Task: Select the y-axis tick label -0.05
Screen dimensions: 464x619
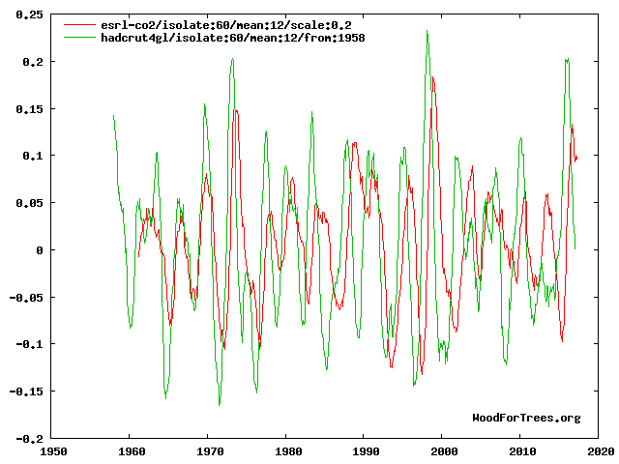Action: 24,297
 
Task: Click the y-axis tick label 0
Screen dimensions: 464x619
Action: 39,249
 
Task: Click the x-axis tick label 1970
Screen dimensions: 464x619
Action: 208,450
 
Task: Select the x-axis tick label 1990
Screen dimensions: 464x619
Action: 365,450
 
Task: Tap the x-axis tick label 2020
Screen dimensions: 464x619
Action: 599,450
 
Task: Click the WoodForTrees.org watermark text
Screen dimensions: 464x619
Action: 526,418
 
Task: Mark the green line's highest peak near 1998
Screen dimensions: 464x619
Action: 427,31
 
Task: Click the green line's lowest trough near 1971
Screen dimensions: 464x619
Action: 220,405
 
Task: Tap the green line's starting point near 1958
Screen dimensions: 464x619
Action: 113,116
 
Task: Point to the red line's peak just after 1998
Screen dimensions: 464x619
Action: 432,77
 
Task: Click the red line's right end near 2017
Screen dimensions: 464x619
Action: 576,158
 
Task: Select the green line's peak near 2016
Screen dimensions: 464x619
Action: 567,59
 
